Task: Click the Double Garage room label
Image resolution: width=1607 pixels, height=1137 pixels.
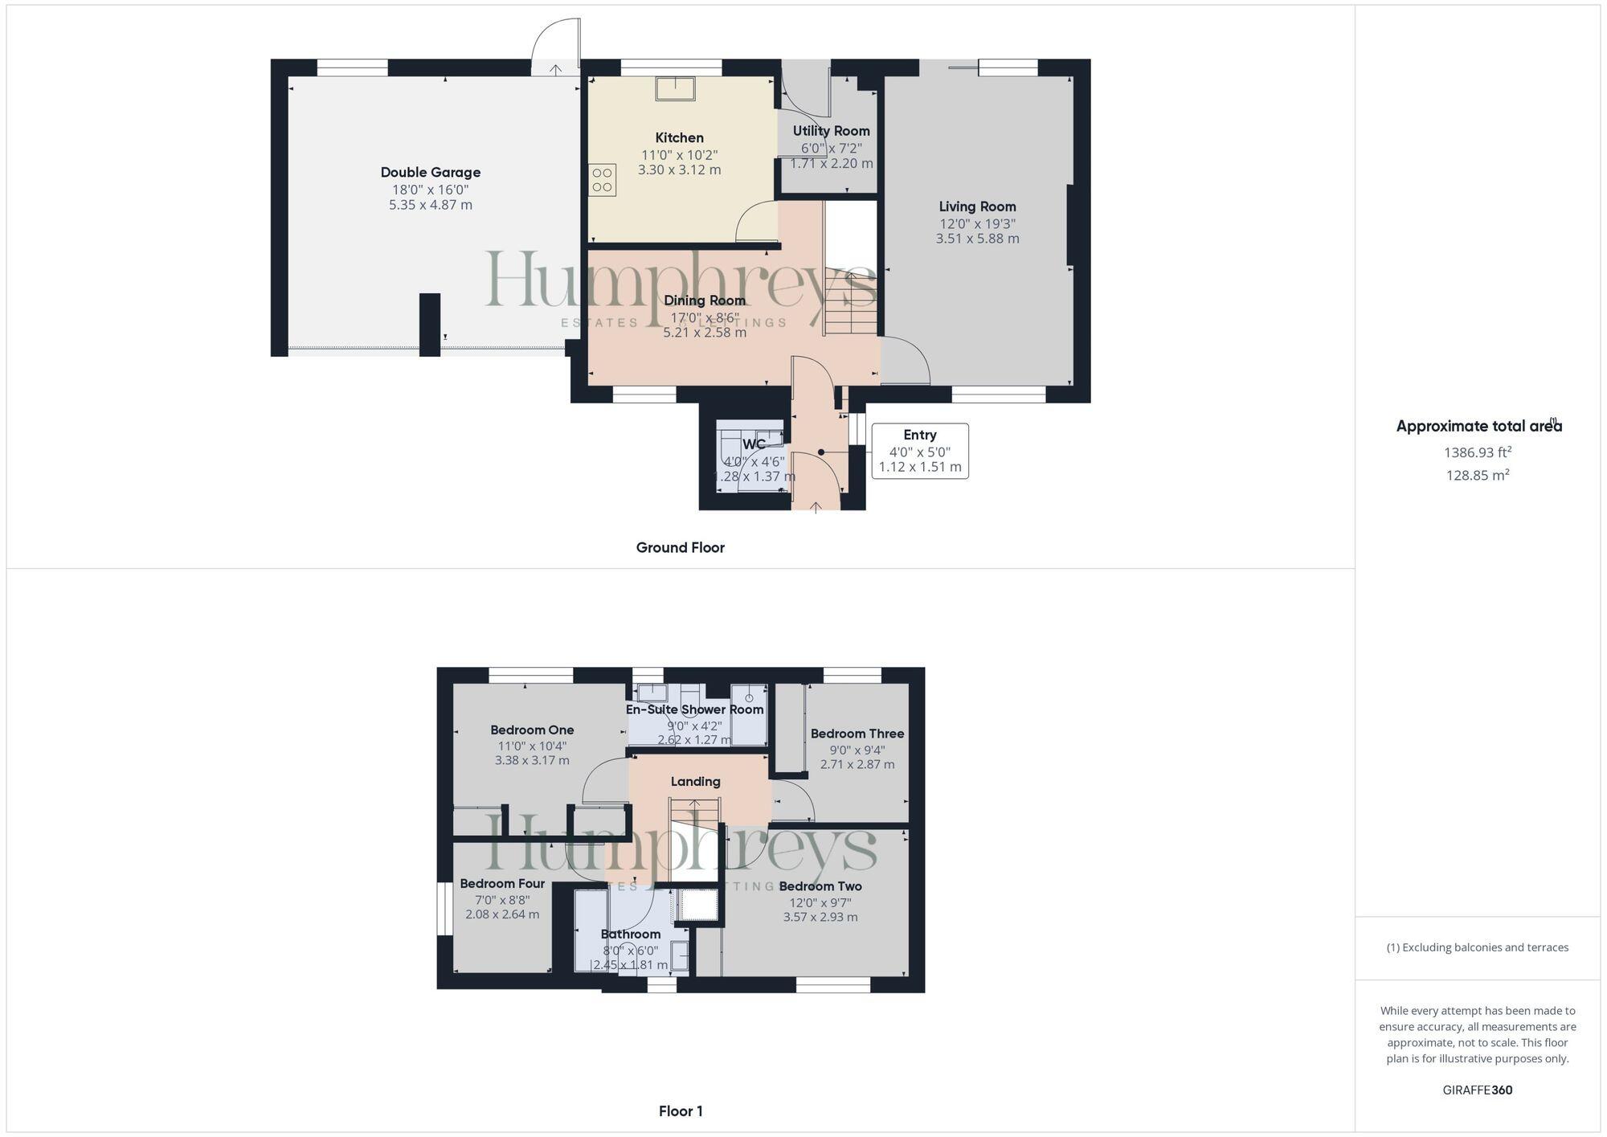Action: (430, 172)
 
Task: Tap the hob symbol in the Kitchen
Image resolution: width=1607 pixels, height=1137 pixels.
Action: (603, 180)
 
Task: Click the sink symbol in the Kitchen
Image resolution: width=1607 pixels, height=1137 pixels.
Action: (675, 88)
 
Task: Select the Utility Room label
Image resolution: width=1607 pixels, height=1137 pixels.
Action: (831, 131)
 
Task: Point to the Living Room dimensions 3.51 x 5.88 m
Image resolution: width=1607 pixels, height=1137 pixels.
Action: (977, 239)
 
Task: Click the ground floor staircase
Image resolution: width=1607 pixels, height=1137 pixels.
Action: (849, 305)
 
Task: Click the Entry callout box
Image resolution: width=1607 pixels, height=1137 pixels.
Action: (920, 451)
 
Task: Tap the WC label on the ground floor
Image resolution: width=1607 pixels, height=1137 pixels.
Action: (754, 444)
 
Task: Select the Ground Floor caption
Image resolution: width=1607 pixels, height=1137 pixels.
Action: (680, 547)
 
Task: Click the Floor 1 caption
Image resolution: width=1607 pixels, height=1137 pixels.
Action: (681, 1111)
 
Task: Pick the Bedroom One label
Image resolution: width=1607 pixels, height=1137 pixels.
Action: (532, 730)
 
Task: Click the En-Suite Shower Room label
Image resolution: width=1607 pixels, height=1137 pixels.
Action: (694, 710)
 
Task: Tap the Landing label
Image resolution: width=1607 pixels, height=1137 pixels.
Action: (695, 781)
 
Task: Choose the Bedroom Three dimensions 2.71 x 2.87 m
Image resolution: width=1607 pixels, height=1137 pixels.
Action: (857, 764)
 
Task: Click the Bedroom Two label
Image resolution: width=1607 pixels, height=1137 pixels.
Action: (820, 886)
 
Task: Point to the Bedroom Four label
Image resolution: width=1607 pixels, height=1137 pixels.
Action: (502, 883)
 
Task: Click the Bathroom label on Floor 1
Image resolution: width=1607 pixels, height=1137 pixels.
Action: (631, 934)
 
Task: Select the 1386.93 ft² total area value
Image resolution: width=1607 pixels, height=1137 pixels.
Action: (1477, 452)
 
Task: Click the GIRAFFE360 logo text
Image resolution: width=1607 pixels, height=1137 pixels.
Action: (1477, 1090)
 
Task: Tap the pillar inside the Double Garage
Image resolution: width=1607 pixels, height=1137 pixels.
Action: (430, 324)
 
